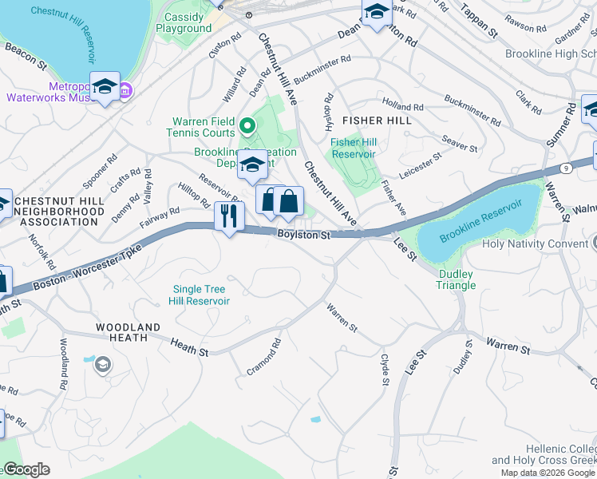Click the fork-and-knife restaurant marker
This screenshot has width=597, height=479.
[229, 216]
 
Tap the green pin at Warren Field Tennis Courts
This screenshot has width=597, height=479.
[247, 126]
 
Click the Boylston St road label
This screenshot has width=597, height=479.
[303, 235]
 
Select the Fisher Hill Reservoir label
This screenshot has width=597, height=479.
[354, 148]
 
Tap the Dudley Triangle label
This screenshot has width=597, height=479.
[456, 279]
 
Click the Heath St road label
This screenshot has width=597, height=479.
[191, 346]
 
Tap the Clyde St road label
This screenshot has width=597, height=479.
[385, 370]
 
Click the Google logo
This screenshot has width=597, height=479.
[26, 469]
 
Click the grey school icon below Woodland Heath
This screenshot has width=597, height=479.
[102, 366]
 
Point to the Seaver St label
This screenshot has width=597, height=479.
[459, 142]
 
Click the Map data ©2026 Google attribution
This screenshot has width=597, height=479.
[547, 473]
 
